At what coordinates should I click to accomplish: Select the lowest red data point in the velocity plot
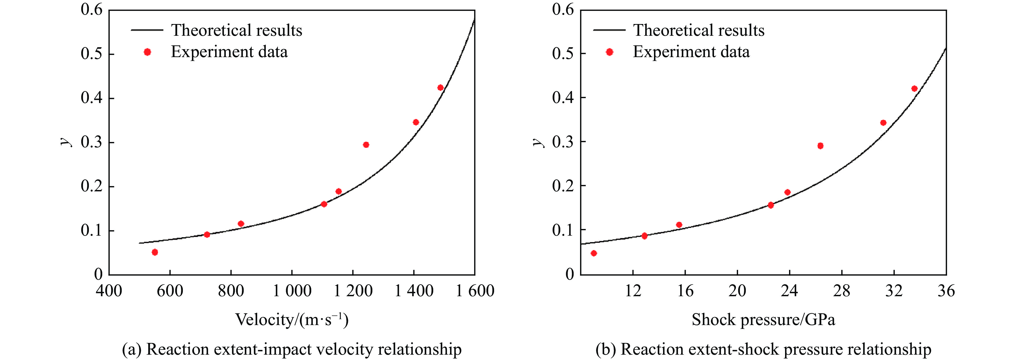(155, 252)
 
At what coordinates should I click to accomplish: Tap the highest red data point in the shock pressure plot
(915, 89)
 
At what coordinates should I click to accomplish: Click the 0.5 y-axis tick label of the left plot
(92, 54)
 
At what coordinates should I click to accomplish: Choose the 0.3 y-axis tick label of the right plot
(563, 142)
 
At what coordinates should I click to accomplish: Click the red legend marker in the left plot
(147, 52)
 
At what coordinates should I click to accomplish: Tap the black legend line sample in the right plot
(609, 30)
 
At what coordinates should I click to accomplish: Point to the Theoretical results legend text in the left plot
(237, 30)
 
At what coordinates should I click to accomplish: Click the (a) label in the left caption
(132, 349)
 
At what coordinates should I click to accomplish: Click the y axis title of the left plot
(66, 142)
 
